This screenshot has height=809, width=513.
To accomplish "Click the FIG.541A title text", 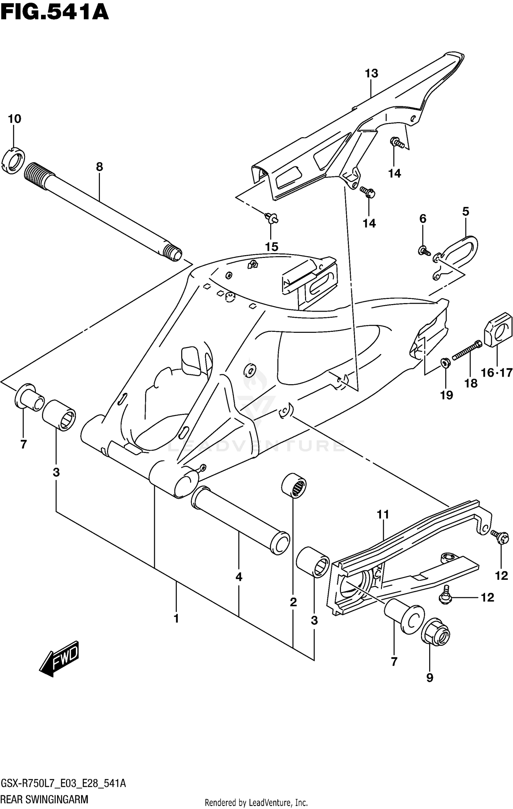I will pos(55,13).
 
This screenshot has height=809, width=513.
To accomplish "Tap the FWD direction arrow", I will pos(60,656).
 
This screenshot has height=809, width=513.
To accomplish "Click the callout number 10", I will pos(14,119).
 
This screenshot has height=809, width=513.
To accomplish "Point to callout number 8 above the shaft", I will pos(99,167).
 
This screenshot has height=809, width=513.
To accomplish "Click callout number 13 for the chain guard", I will pos(371,73).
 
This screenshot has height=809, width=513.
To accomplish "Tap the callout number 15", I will pos(272,247).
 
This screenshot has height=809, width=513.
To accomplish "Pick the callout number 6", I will pos(423,219).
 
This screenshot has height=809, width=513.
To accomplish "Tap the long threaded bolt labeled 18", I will pos(467,351).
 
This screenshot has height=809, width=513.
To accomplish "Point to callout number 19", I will pos(446,395).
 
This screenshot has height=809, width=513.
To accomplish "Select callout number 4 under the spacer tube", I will pos(239,577).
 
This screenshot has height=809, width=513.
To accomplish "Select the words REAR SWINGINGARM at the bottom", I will pos(44,799).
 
